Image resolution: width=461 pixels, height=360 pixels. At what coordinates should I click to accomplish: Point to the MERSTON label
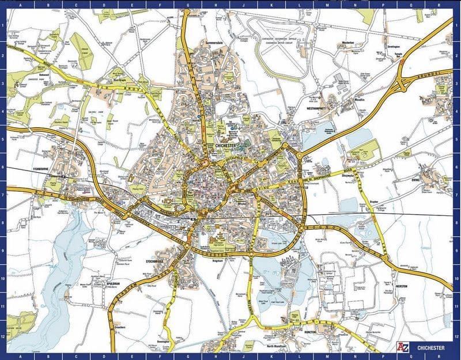coord(401,286)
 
